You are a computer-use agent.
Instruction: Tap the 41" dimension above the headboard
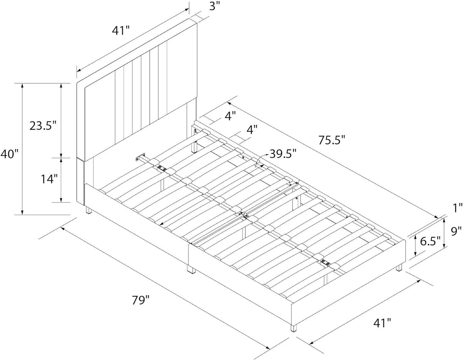coord(121,30)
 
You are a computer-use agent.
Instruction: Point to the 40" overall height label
coord(10,154)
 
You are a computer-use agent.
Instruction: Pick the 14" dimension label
coord(49,179)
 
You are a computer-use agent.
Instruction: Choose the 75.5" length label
coord(331,140)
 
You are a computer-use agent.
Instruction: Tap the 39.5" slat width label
coord(283,154)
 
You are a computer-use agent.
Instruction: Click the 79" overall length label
coord(141,300)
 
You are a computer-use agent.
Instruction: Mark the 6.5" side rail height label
coord(431,241)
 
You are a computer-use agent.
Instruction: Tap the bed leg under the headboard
coord(88,210)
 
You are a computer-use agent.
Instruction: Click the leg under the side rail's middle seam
coord(191,269)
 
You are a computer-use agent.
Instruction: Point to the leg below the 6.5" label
coord(399,267)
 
